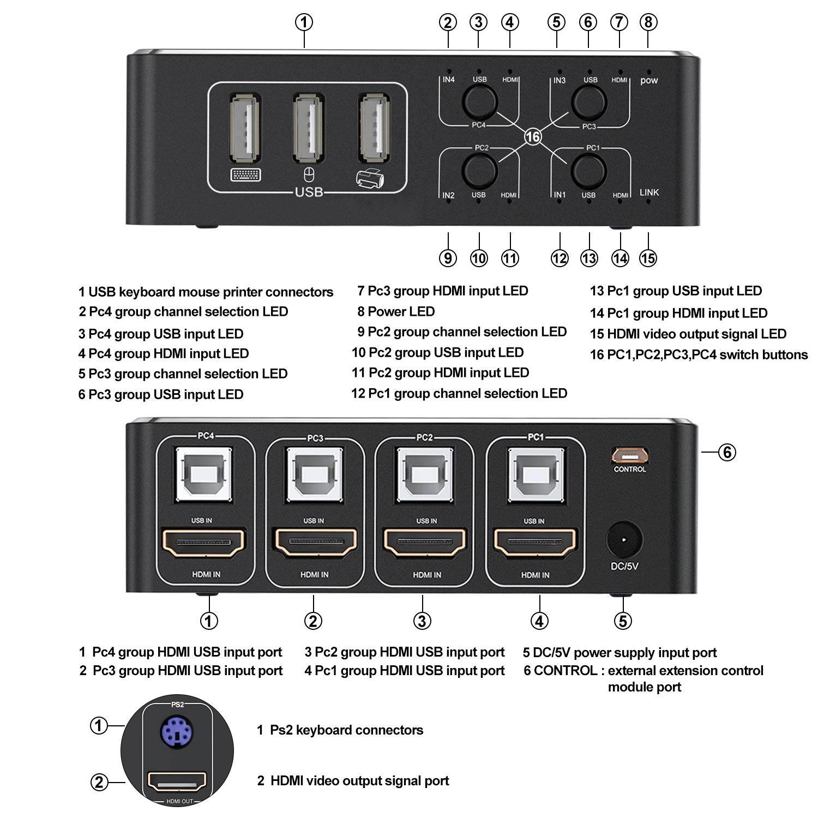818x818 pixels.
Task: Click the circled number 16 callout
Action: point(533,136)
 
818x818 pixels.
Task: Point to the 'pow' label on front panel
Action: point(649,81)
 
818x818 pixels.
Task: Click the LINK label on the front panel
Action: point(649,192)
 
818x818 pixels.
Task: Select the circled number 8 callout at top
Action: point(648,22)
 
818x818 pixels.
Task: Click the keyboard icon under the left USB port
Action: point(245,175)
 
